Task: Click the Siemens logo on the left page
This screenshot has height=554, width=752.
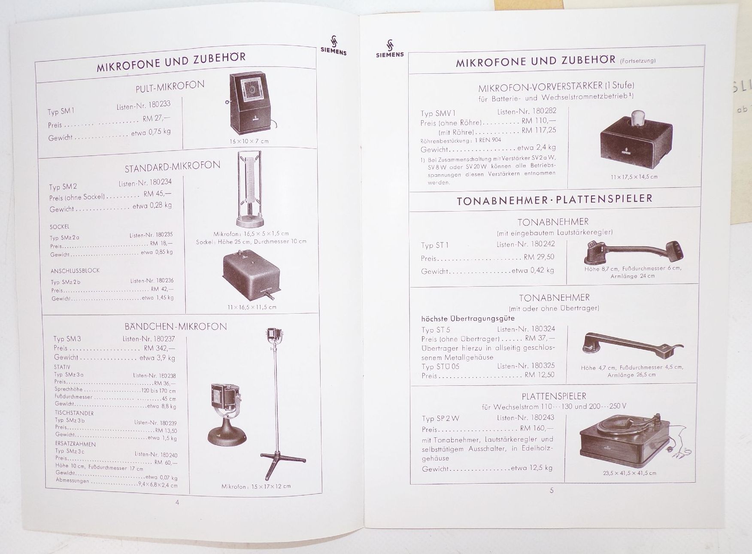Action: pyautogui.click(x=333, y=45)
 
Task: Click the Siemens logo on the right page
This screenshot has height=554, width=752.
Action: pyautogui.click(x=390, y=48)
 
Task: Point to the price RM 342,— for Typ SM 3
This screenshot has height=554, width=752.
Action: pyautogui.click(x=159, y=348)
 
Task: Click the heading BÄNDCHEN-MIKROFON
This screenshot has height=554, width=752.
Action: pyautogui.click(x=176, y=327)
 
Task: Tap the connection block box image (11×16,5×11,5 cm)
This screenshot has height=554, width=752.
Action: pyautogui.click(x=251, y=277)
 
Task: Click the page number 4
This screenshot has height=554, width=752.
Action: pyautogui.click(x=177, y=503)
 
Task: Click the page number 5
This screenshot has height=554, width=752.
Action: pyautogui.click(x=552, y=490)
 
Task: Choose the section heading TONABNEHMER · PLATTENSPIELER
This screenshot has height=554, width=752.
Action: pyautogui.click(x=554, y=199)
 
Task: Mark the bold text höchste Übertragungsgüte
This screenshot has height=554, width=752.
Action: pyautogui.click(x=467, y=318)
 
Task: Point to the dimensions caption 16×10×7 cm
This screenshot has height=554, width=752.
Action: pyautogui.click(x=249, y=141)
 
